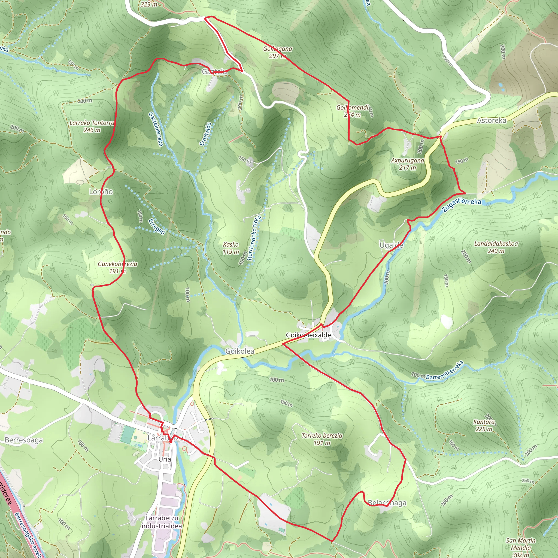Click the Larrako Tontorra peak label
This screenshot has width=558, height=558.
92,126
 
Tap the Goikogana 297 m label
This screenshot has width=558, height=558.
277,52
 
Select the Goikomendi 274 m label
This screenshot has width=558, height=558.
353,111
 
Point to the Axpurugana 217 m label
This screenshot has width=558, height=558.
408,164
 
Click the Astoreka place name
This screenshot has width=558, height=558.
492,120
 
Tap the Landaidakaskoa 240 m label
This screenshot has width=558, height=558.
496,247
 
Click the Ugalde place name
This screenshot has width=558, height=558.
391,245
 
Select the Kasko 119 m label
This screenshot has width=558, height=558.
231,248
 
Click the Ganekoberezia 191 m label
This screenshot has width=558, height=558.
117,267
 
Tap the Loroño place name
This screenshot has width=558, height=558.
101,192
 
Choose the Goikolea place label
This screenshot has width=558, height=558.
240,351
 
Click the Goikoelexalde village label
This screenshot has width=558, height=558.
308,335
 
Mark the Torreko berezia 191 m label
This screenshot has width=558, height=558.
322,439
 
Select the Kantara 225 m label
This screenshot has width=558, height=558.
484,425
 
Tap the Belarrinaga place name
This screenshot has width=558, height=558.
387,503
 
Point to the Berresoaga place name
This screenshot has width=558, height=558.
24,440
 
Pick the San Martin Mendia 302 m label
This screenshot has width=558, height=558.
521,547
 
